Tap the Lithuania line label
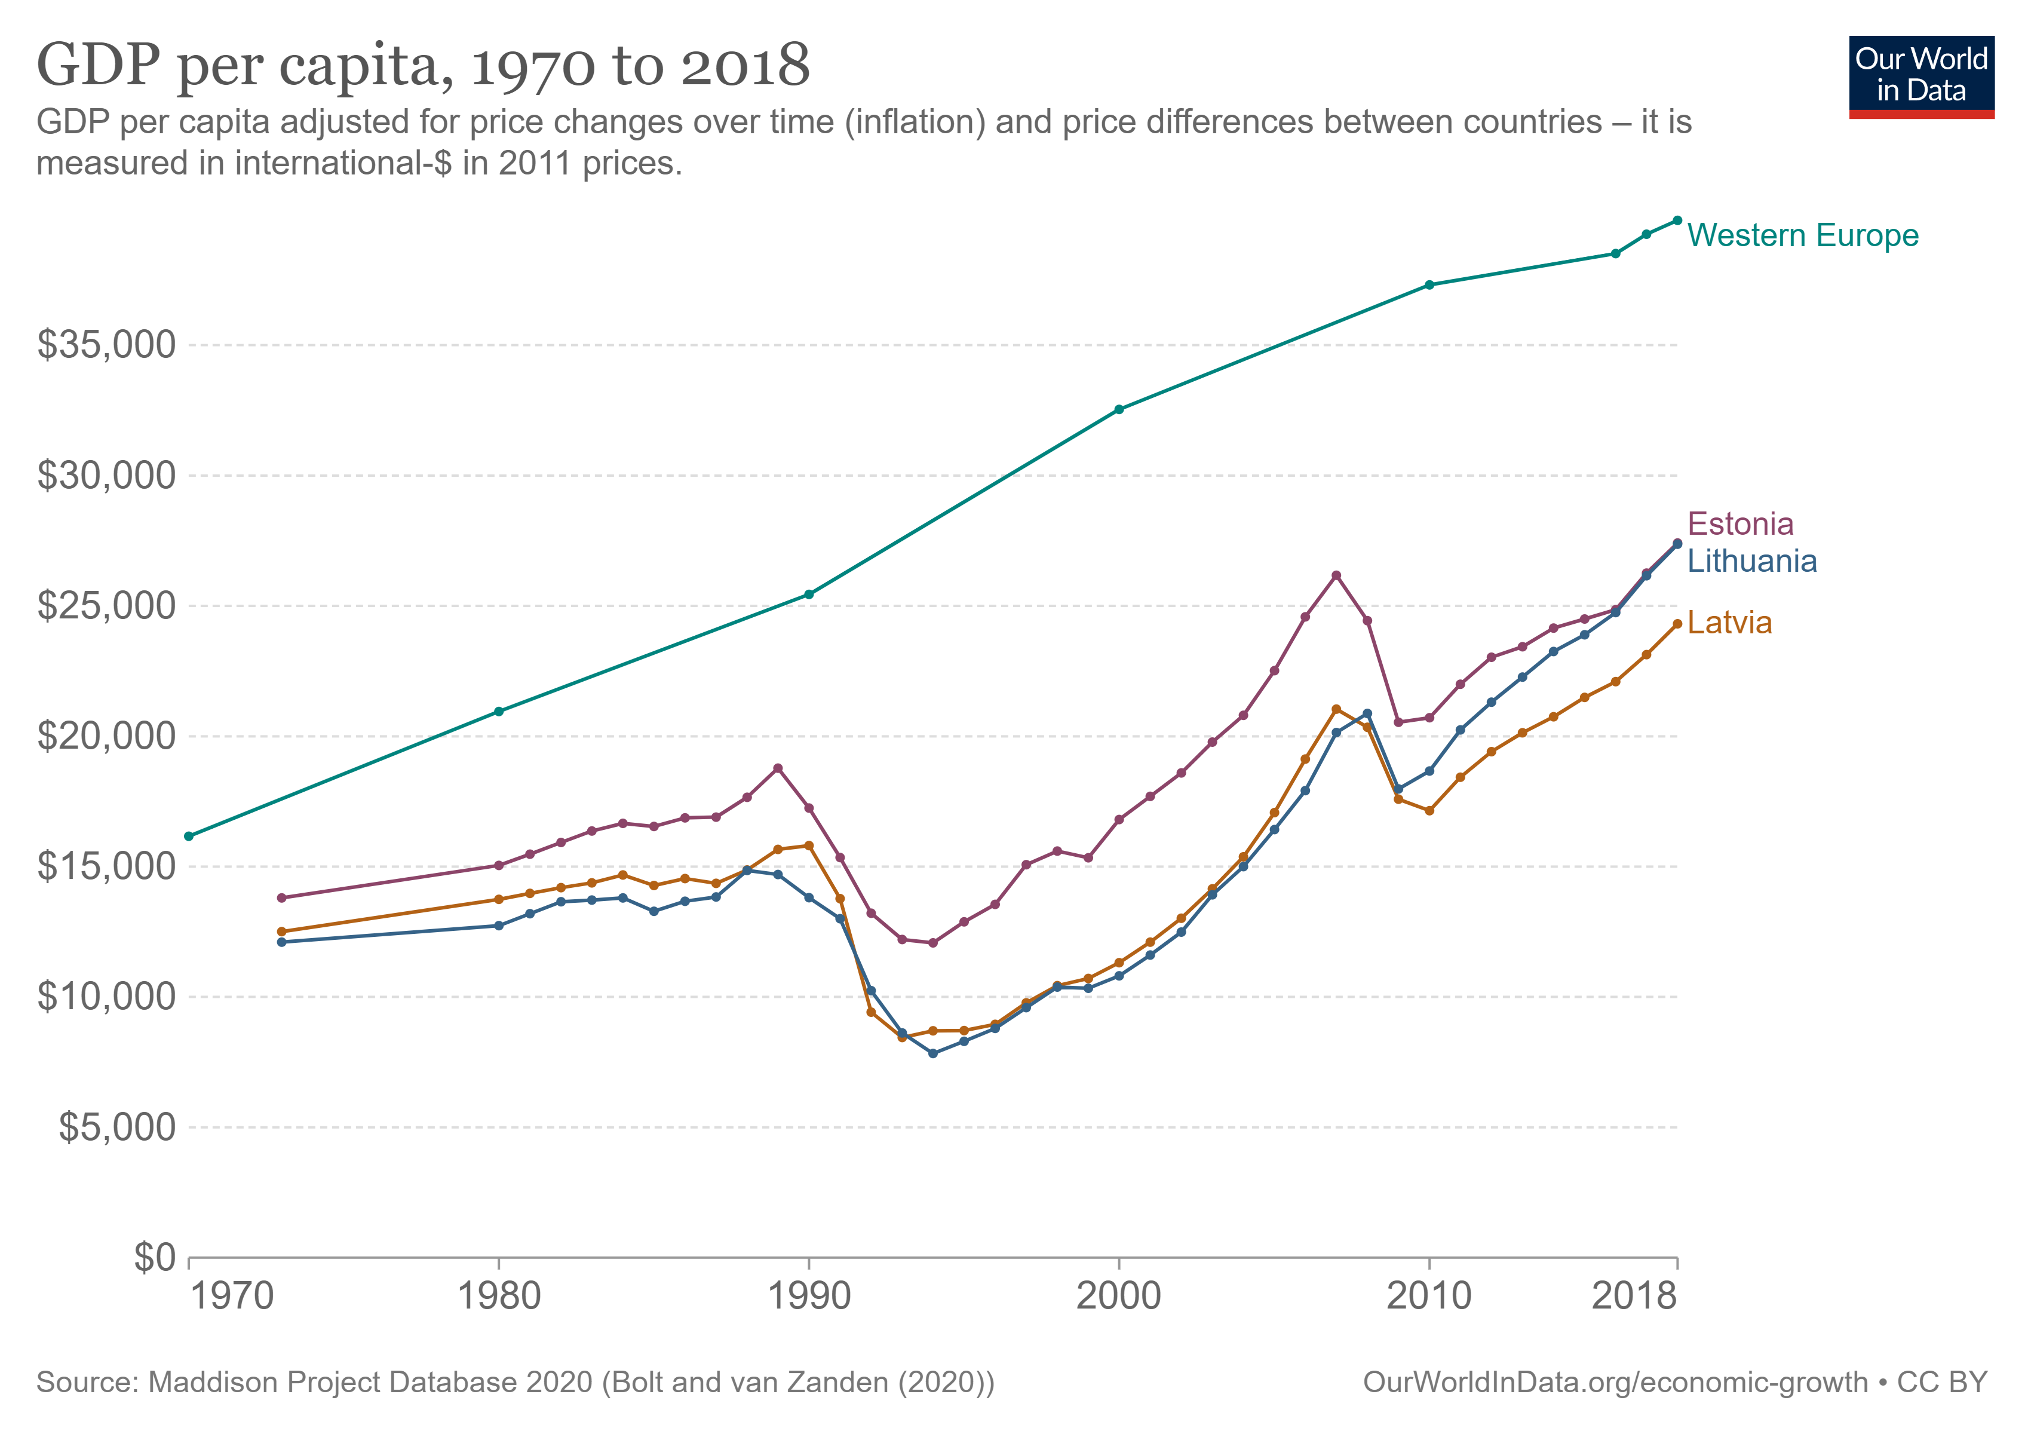click(1751, 561)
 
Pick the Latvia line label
click(1729, 623)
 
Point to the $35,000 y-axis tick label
click(106, 344)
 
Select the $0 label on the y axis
click(154, 1257)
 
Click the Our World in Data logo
click(1920, 77)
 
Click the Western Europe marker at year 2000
click(1119, 410)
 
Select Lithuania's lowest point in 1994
click(932, 1053)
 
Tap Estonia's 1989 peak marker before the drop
click(778, 768)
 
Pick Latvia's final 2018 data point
click(1677, 624)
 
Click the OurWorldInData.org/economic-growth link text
click(1615, 1382)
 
